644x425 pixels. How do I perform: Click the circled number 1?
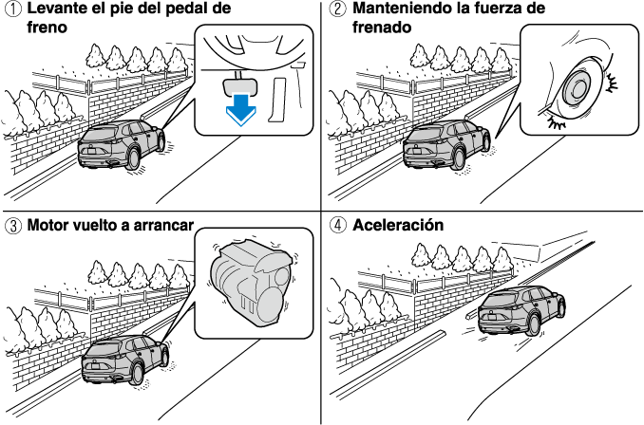point(10,9)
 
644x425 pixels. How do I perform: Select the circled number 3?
point(10,227)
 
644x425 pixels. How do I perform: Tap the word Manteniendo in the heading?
point(401,9)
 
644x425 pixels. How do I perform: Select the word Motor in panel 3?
point(48,227)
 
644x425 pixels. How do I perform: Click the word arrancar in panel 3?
point(161,227)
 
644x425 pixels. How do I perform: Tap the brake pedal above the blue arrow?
point(241,84)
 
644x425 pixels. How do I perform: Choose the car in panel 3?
point(118,358)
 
